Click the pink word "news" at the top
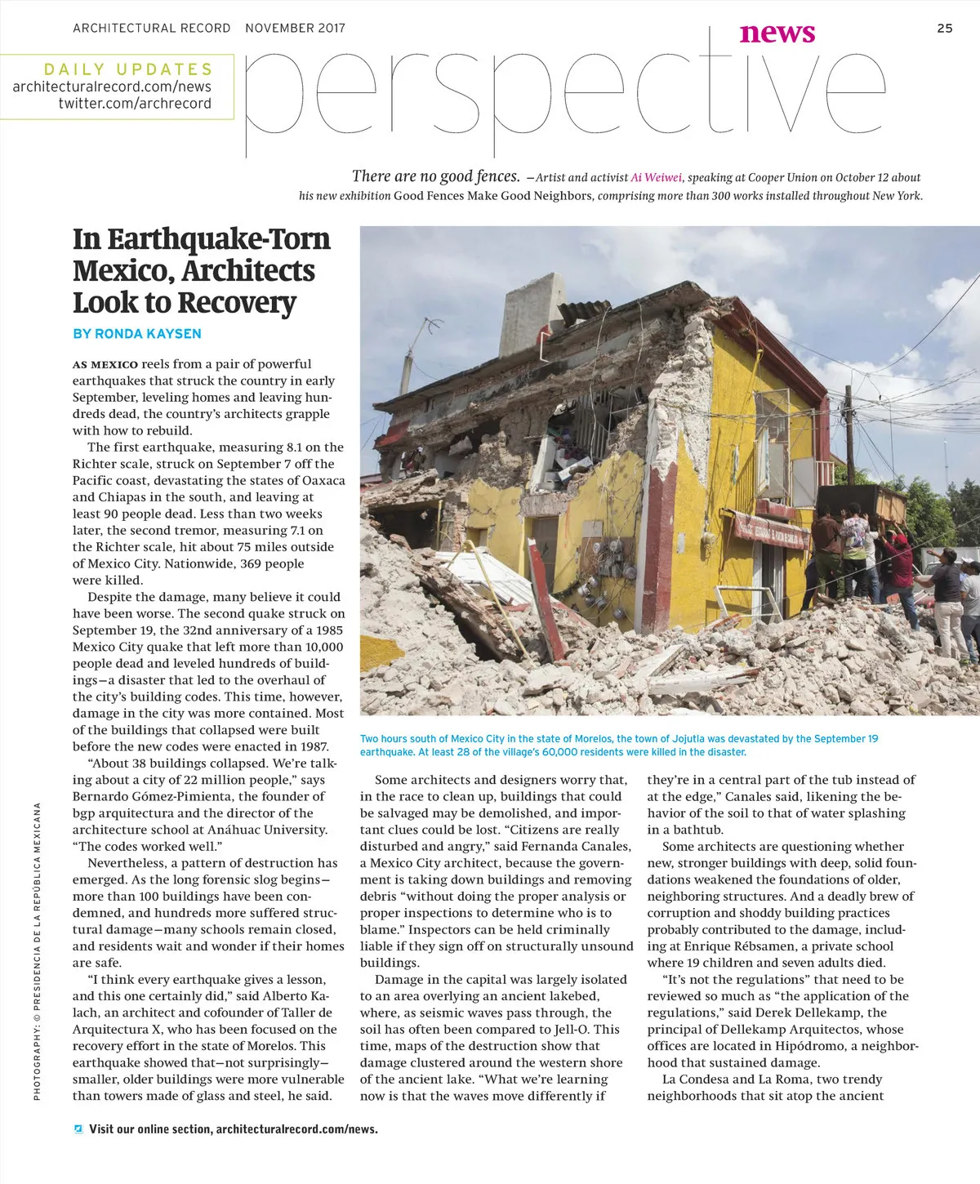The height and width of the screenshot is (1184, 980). click(777, 33)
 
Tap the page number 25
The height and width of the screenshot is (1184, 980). click(945, 29)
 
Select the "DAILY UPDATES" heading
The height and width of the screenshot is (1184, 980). click(128, 69)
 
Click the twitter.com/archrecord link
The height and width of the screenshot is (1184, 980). click(135, 104)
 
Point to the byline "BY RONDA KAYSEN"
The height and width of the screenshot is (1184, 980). click(136, 334)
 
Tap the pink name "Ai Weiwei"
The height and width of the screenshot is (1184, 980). click(657, 177)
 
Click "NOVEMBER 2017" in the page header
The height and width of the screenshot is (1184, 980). click(295, 29)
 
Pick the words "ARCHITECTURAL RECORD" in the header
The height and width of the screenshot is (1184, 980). click(151, 29)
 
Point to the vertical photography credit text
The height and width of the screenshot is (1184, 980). click(38, 951)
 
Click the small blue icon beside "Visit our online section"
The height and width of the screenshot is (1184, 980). click(78, 1129)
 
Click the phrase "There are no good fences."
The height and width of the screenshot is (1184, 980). click(435, 176)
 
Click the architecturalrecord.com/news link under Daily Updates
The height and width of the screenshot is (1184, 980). click(112, 87)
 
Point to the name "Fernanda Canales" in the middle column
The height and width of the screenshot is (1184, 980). click(581, 846)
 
